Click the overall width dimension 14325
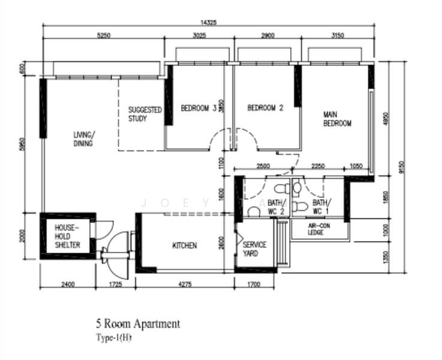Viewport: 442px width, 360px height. (208, 22)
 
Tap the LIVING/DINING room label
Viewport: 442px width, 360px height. (83, 139)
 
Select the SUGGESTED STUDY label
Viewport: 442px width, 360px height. (145, 115)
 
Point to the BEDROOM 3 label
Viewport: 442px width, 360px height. (199, 109)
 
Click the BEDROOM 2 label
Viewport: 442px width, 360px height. (265, 109)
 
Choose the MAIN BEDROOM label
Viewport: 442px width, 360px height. (337, 119)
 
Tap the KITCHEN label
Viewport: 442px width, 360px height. (184, 245)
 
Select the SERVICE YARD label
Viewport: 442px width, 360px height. (254, 249)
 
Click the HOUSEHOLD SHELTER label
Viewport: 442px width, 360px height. (67, 236)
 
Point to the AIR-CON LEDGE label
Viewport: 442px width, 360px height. (316, 229)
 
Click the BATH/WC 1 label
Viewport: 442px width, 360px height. (321, 207)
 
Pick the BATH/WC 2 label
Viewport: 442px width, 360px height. (276, 207)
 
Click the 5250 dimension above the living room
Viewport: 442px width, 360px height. (103, 35)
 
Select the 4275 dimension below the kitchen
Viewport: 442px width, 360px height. (184, 284)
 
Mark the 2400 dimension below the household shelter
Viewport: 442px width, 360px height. (67, 284)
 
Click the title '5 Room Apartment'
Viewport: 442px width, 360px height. (137, 324)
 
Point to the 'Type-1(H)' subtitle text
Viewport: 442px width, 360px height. (113, 338)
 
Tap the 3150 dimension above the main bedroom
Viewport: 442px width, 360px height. (337, 35)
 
